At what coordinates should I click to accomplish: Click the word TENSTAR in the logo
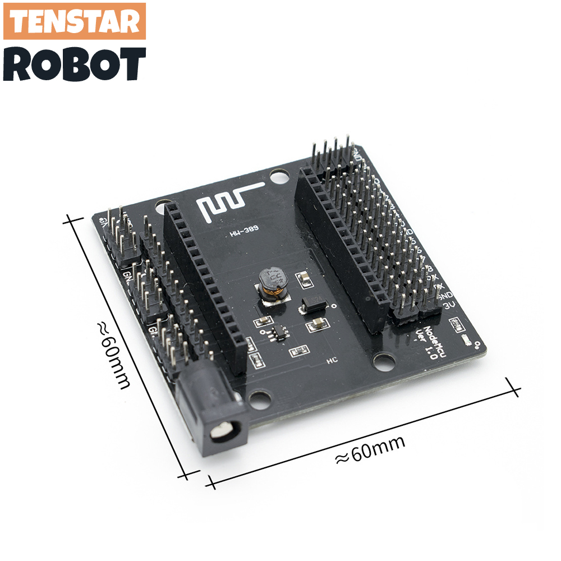pyautogui.click(x=75, y=21)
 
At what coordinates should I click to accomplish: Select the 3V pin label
pyautogui.click(x=449, y=306)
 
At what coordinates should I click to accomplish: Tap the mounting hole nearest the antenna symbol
pyautogui.click(x=277, y=177)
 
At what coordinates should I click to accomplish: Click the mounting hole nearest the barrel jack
pyautogui.click(x=259, y=399)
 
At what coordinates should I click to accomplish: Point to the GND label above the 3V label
pyautogui.click(x=448, y=295)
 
